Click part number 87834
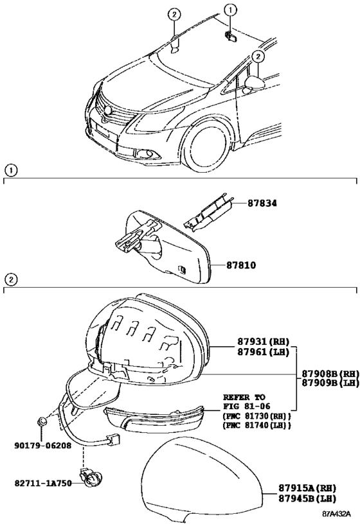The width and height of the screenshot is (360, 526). pyautogui.click(x=263, y=204)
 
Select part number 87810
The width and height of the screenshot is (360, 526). pyautogui.click(x=240, y=265)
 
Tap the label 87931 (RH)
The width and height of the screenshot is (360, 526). pyautogui.click(x=264, y=342)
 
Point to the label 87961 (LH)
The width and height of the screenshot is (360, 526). pyautogui.click(x=264, y=352)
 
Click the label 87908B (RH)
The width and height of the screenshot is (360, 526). pyautogui.click(x=330, y=373)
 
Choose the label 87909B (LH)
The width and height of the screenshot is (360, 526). pyautogui.click(x=330, y=383)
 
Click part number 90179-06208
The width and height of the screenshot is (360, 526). pyautogui.click(x=42, y=445)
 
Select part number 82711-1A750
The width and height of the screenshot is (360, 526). pyautogui.click(x=43, y=483)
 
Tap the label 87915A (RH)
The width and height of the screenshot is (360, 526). pyautogui.click(x=307, y=488)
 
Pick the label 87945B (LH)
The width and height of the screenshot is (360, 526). pyautogui.click(x=307, y=498)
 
